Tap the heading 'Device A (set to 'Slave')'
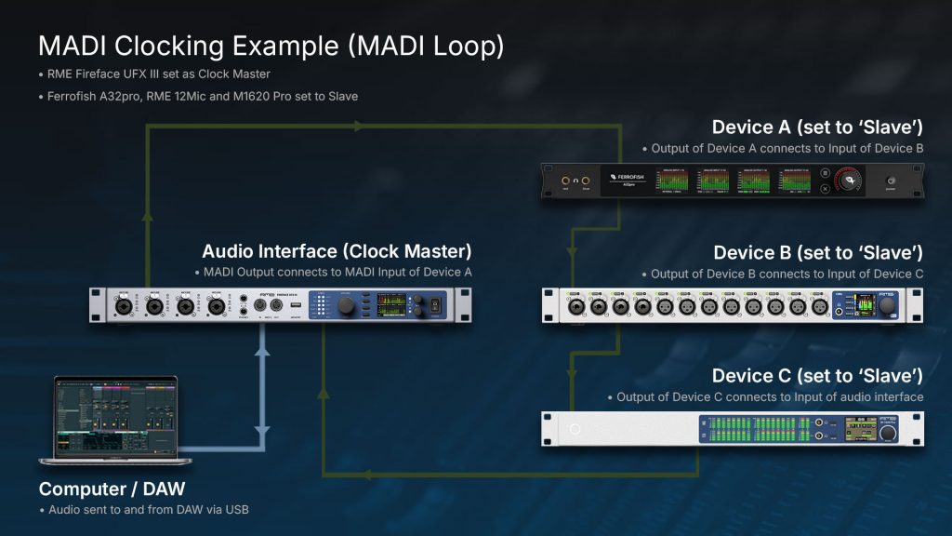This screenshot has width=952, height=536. coord(817,127)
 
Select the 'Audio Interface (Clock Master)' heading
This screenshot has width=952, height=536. coord(337,251)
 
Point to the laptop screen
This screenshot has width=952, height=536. coord(116,416)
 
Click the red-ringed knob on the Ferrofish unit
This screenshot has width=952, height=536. coord(847,181)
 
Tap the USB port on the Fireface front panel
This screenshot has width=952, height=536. coord(294,303)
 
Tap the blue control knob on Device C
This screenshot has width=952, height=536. coord(889,434)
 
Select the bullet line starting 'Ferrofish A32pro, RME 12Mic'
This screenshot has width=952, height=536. coord(198,96)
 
